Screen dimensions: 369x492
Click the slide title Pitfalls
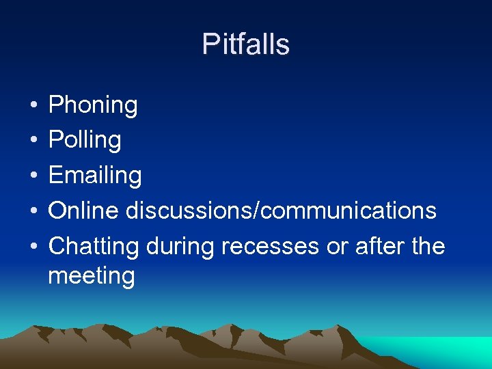tap(246, 44)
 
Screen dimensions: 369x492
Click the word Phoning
tap(93, 105)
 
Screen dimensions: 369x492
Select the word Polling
tap(85, 140)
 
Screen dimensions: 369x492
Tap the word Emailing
tap(95, 176)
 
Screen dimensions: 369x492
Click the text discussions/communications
tap(281, 210)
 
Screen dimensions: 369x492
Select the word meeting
tap(92, 277)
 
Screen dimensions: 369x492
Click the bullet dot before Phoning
tap(33, 106)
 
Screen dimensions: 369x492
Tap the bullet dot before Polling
tap(33, 141)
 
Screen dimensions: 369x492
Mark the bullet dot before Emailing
tap(33, 176)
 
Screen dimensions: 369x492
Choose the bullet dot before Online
tap(33, 211)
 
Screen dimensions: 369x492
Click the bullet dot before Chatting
tap(33, 247)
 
